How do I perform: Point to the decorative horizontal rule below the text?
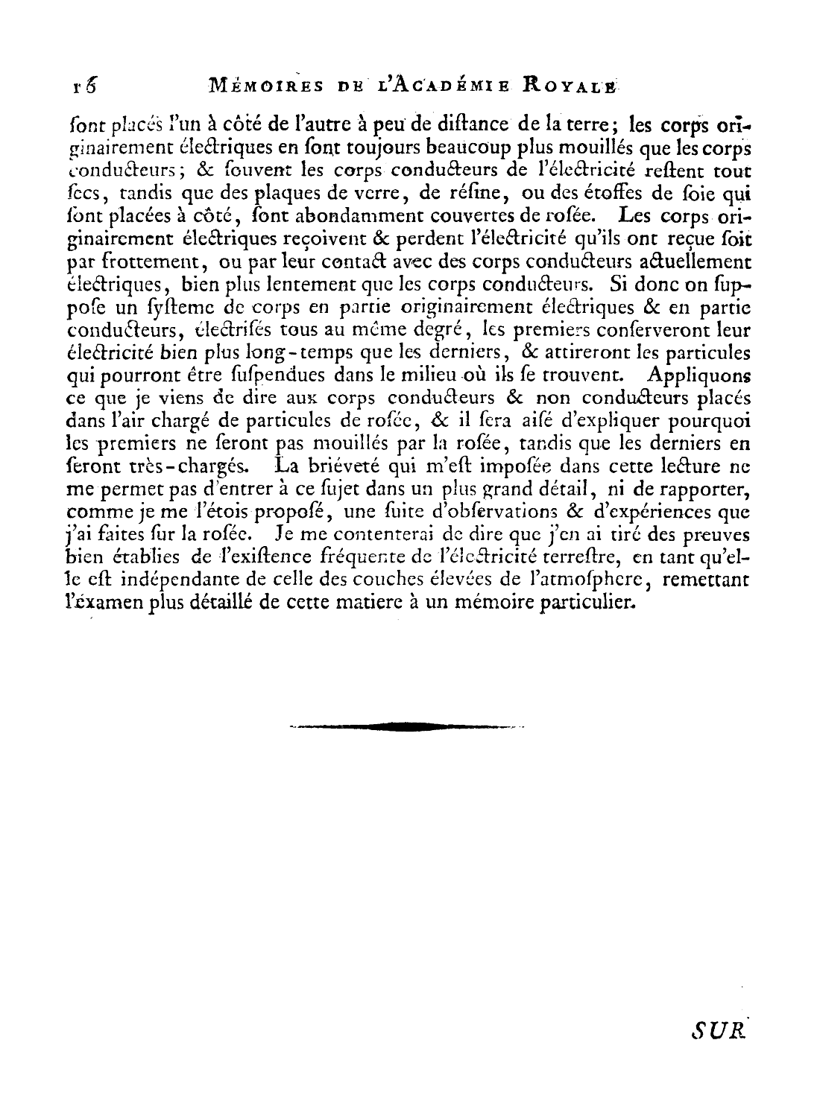(x=406, y=726)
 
